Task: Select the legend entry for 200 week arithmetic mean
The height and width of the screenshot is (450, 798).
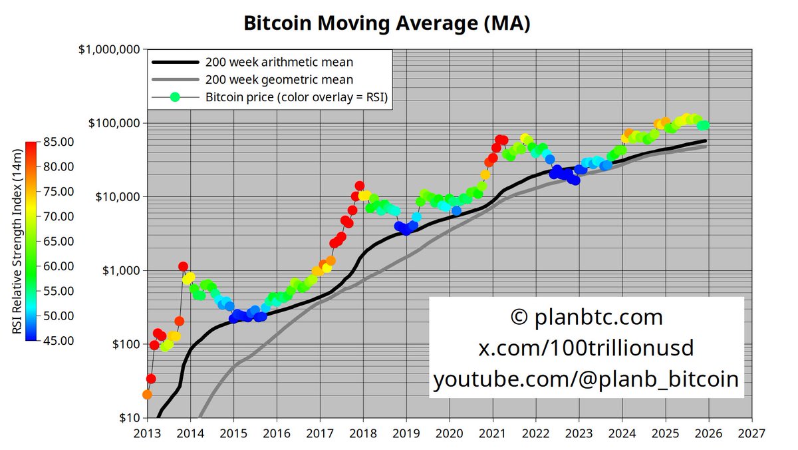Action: tap(279, 63)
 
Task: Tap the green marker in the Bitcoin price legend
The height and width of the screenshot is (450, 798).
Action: tap(176, 97)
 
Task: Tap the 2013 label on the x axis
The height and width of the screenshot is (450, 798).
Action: tap(148, 433)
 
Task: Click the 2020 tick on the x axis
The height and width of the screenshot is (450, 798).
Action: tap(450, 433)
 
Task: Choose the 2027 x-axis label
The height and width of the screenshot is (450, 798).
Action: tap(751, 433)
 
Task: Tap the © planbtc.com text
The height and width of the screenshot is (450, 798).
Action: tap(586, 317)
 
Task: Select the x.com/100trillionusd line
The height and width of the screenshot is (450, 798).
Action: tap(586, 348)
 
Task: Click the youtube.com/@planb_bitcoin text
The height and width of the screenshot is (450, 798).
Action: tap(586, 379)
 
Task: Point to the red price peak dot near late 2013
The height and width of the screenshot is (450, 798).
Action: tap(183, 266)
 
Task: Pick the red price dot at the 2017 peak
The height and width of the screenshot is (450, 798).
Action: tap(359, 186)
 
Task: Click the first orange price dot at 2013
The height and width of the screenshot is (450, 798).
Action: tap(148, 394)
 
